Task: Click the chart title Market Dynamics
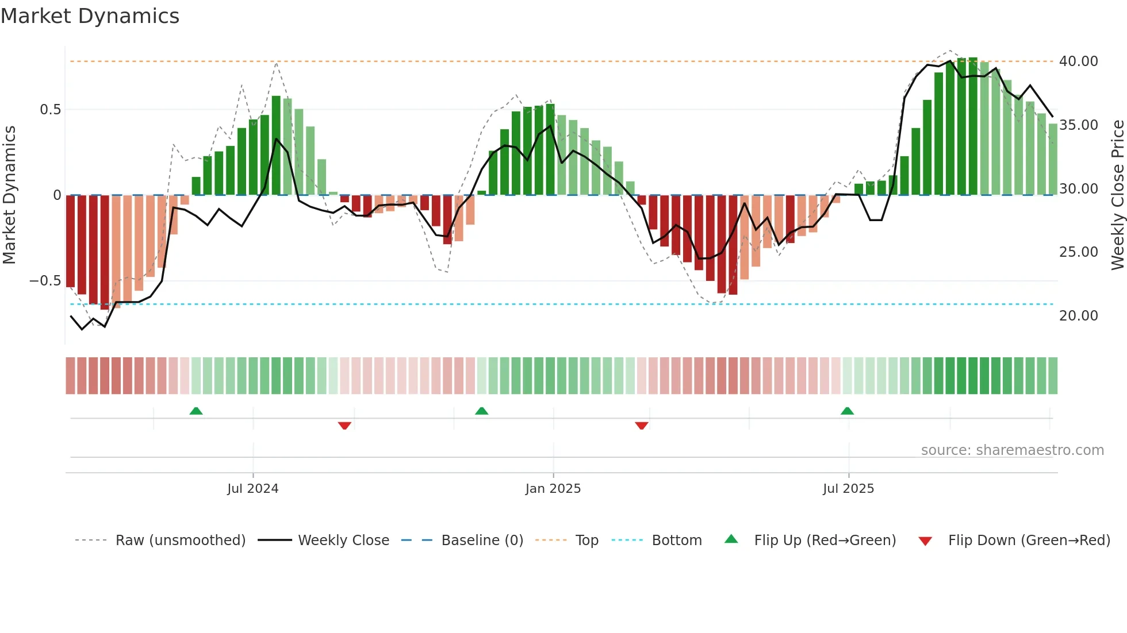click(90, 16)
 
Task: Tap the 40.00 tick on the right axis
click(1078, 61)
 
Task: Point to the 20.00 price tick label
click(1078, 316)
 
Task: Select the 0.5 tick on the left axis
click(50, 110)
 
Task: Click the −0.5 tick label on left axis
click(45, 281)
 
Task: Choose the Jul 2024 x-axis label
click(252, 489)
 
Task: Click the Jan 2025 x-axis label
click(553, 489)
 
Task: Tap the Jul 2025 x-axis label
click(848, 489)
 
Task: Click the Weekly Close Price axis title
click(1117, 195)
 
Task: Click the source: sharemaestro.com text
click(1012, 450)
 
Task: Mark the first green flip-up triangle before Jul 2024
click(196, 411)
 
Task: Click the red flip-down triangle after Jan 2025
click(642, 426)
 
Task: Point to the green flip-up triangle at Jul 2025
click(847, 411)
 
